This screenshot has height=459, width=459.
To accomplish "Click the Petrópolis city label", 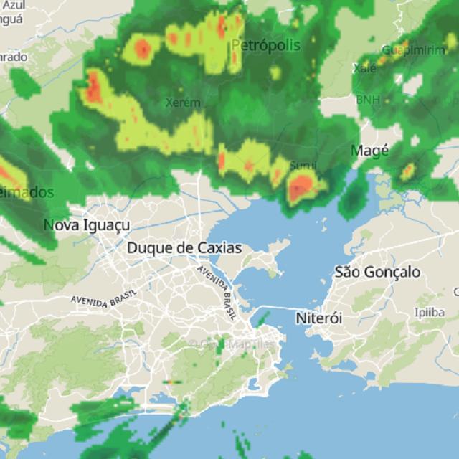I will (x=266, y=46).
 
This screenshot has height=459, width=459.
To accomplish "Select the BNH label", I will (x=368, y=100).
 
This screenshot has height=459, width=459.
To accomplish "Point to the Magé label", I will (x=370, y=151).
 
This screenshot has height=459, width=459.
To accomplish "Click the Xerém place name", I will (x=183, y=103).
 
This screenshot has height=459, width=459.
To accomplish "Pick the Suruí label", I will (x=303, y=166).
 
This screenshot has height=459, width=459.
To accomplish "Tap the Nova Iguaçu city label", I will (x=87, y=225).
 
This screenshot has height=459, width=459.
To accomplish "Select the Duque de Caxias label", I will (x=184, y=248).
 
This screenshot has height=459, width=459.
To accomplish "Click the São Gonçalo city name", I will (x=377, y=273).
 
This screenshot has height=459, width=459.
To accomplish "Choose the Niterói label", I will (x=319, y=317).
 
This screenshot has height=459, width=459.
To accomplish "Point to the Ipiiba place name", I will (x=429, y=313).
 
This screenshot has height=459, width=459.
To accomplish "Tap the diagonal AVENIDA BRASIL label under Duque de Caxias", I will (x=217, y=285).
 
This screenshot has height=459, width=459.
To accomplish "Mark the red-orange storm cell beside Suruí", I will (x=301, y=188).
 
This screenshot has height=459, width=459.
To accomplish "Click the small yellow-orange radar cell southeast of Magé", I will (x=407, y=171).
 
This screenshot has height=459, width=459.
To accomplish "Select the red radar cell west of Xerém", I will (x=93, y=87).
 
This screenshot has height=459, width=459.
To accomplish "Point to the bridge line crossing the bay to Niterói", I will (x=276, y=309).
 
